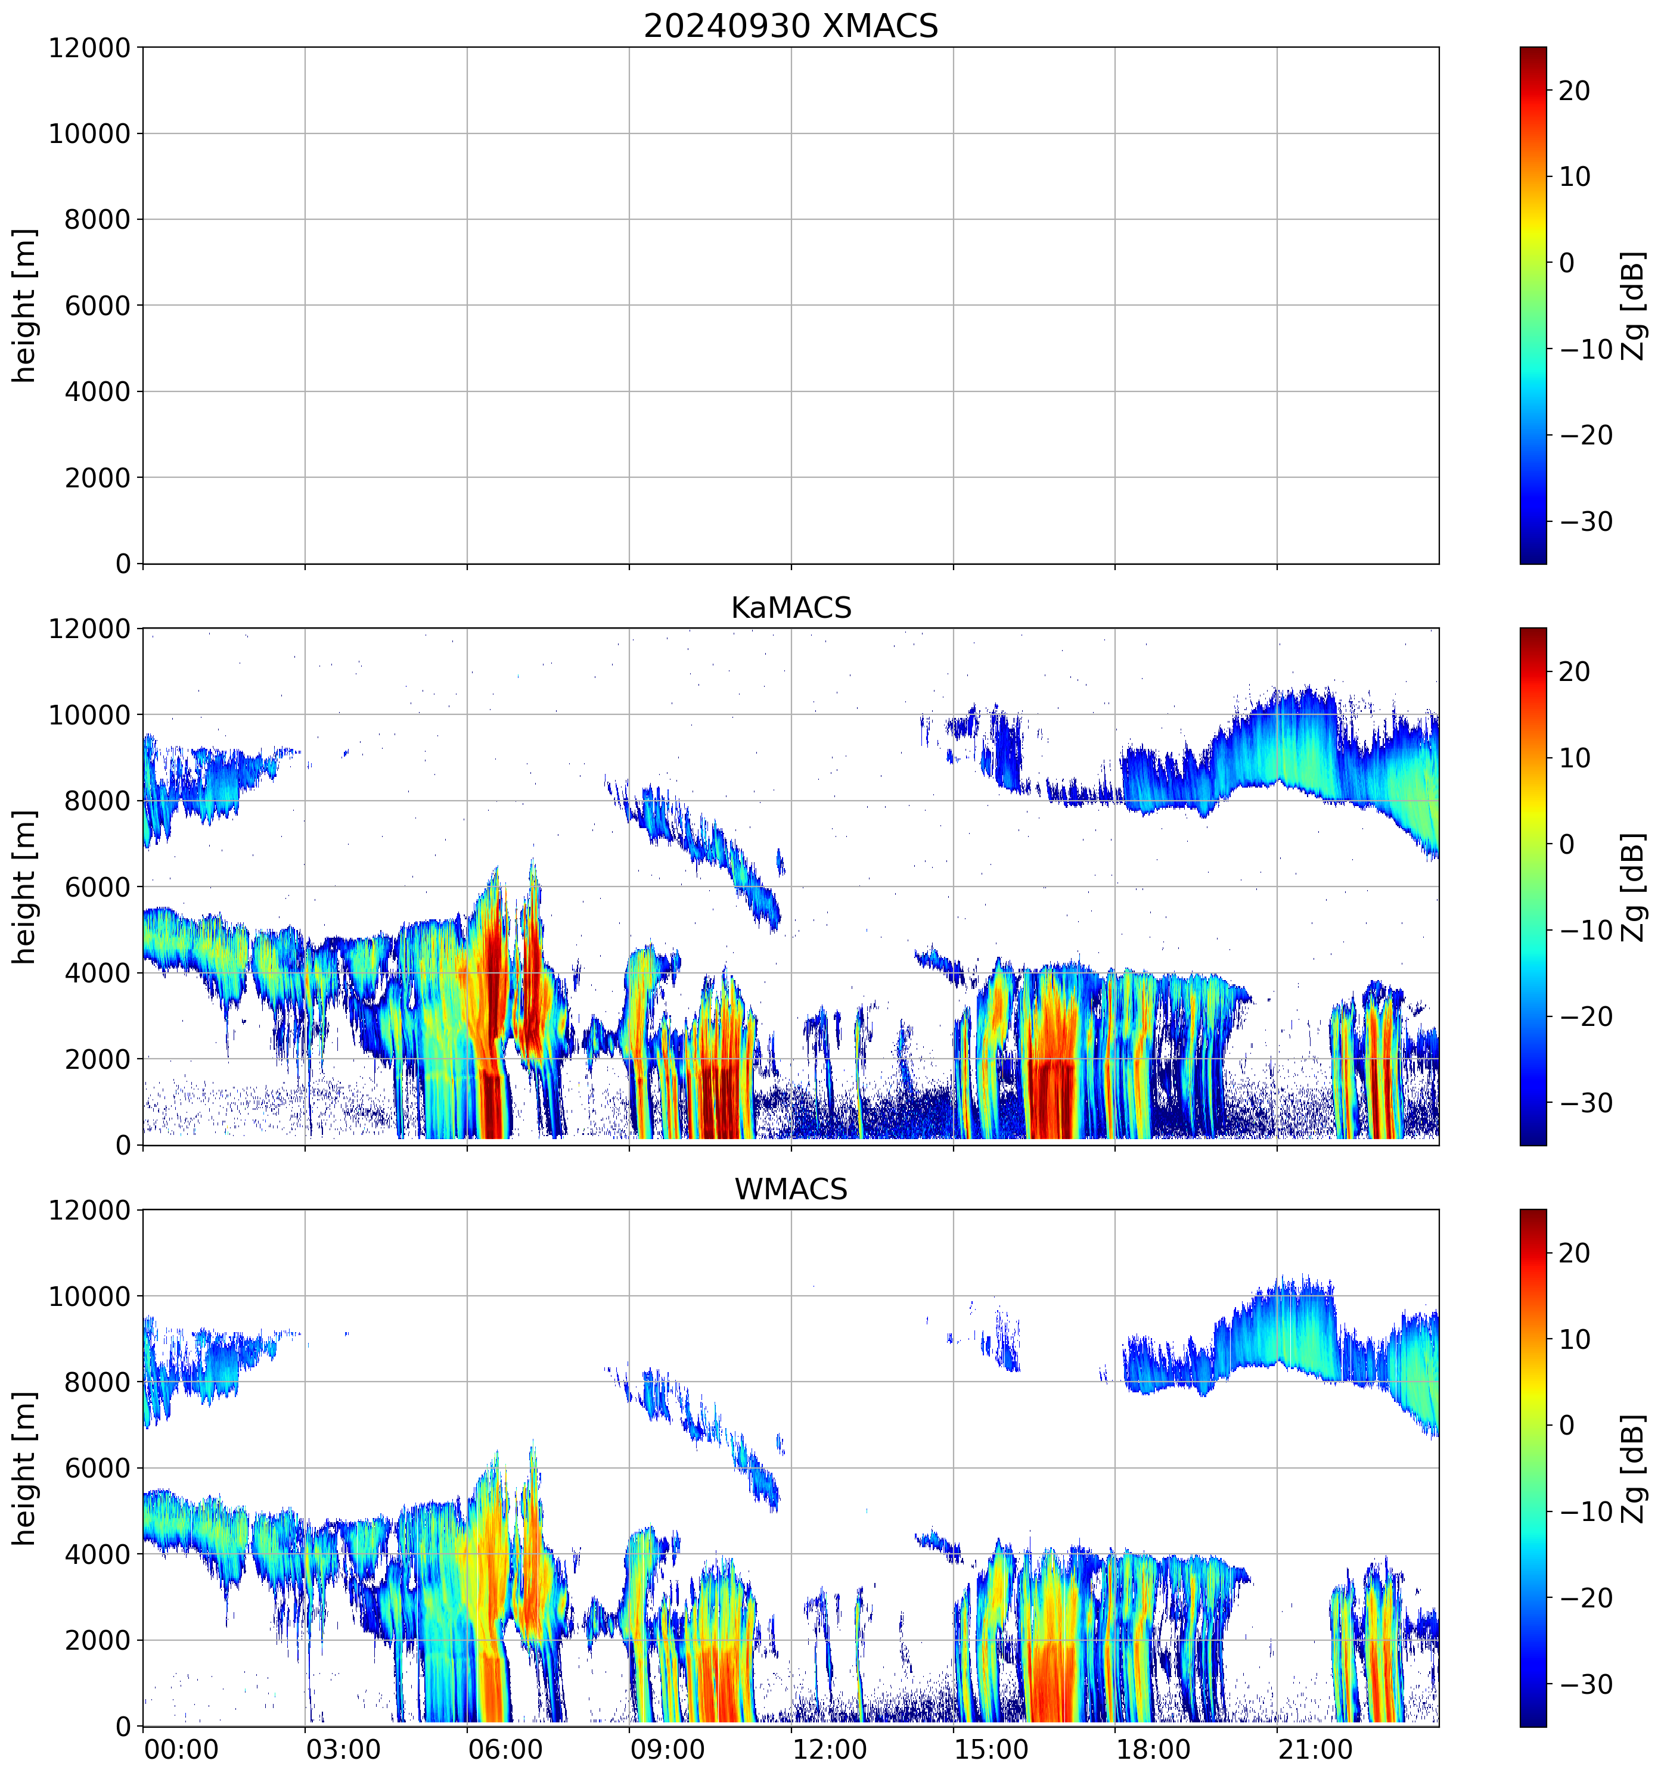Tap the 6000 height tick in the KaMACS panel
[97, 887]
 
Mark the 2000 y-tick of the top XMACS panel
[97, 478]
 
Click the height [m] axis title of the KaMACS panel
[25, 887]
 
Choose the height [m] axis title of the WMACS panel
[25, 1468]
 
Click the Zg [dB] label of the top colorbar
[1632, 306]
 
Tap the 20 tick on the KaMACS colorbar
[1575, 672]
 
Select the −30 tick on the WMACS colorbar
[1586, 1685]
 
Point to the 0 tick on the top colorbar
[1566, 263]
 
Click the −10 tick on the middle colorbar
[1586, 930]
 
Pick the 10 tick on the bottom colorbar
[1575, 1340]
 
